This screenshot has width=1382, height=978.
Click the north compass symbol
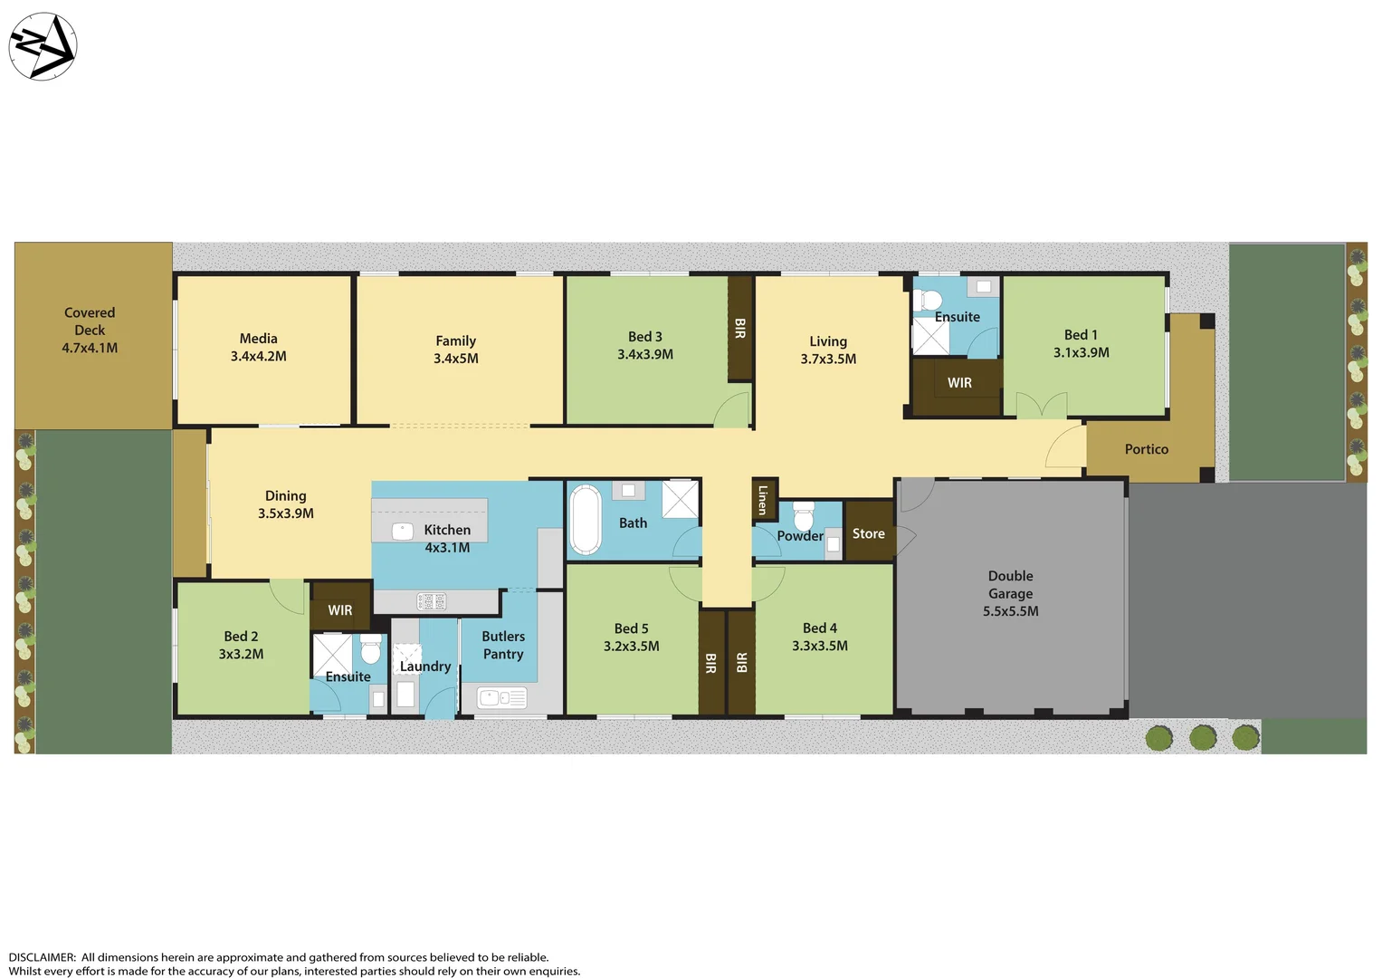[43, 46]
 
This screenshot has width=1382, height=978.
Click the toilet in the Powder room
[803, 517]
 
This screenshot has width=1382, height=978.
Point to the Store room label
[868, 533]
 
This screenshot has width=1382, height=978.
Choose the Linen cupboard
[763, 500]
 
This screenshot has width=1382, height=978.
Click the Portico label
[1146, 449]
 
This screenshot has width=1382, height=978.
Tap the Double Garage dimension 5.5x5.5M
[1010, 611]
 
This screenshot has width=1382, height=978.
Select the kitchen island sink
[403, 532]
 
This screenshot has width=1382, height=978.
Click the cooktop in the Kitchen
[431, 601]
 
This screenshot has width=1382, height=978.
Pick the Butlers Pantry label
[503, 645]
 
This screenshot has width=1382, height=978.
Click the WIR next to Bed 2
[340, 609]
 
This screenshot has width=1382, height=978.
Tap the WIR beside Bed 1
[958, 383]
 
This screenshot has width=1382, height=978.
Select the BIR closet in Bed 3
[739, 328]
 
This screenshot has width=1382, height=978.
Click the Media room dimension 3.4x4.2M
[259, 356]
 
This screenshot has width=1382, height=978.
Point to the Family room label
[455, 340]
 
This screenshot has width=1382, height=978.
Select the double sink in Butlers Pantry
[501, 698]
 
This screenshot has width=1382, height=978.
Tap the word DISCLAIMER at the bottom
[42, 957]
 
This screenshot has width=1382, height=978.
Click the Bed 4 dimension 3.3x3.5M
[819, 646]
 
